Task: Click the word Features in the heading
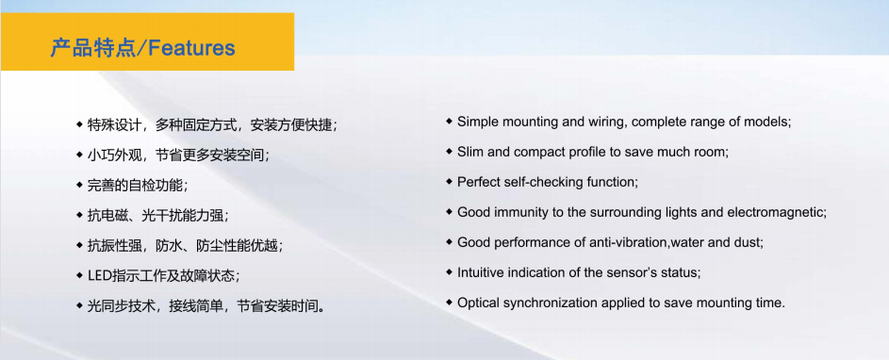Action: [x=191, y=48]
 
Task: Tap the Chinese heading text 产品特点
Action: [x=93, y=48]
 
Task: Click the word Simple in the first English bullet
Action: [x=475, y=122]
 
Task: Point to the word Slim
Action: [x=469, y=152]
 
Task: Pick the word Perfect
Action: [x=477, y=182]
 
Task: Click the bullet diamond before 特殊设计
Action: [x=79, y=123]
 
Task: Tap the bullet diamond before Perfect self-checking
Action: [x=449, y=182]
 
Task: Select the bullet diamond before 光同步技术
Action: [x=79, y=305]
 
